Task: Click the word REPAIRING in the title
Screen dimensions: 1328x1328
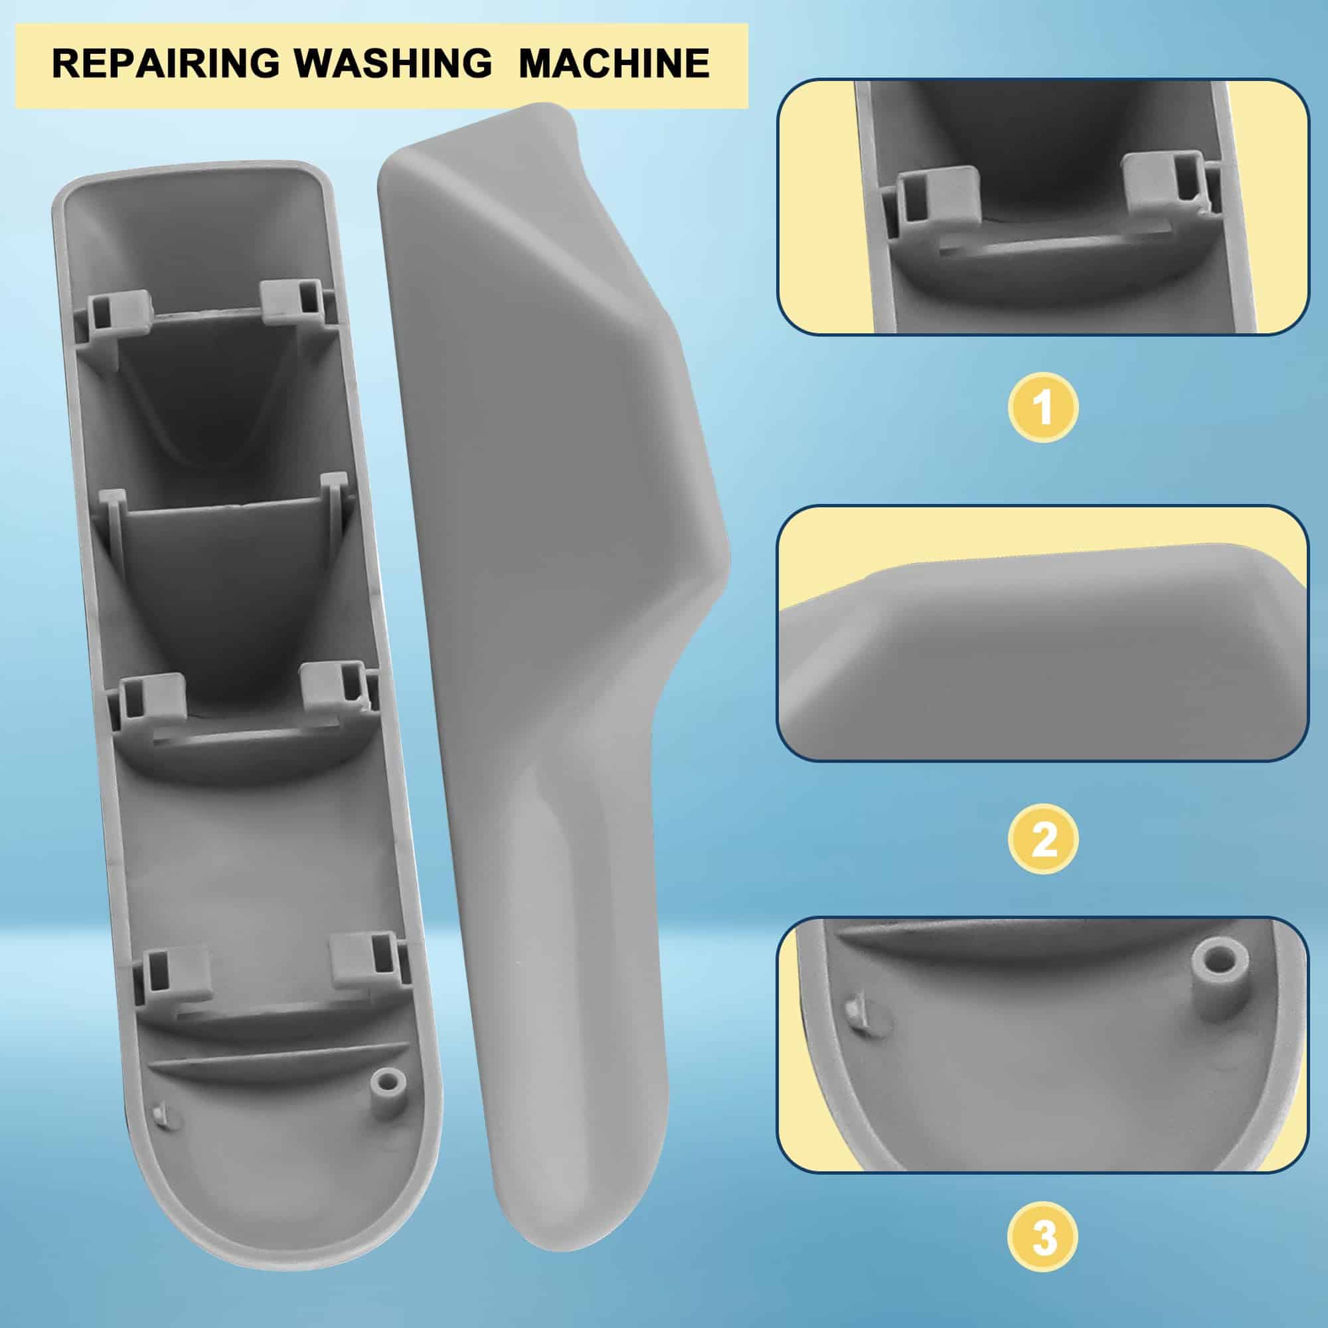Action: (165, 64)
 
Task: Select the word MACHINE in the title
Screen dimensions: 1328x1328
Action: (614, 64)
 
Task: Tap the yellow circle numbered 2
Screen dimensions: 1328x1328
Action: (1042, 839)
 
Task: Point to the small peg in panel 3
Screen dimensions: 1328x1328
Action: (853, 1012)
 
